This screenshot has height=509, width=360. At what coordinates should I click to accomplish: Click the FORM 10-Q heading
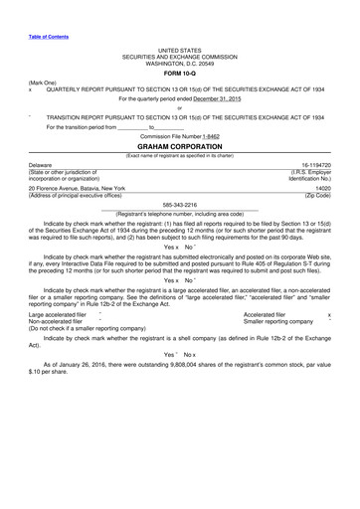(179, 73)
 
